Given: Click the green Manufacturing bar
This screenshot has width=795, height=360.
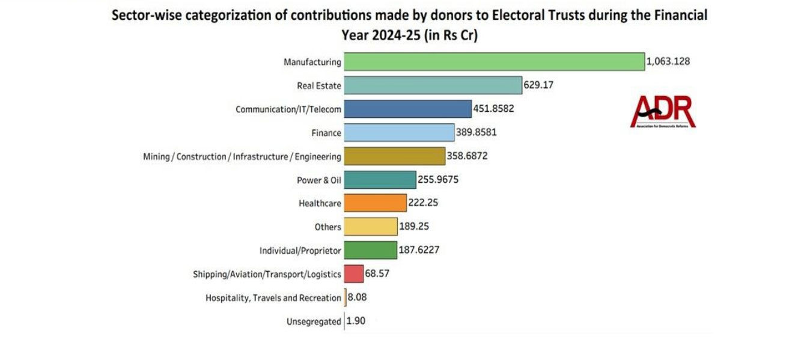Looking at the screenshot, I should point(493,62).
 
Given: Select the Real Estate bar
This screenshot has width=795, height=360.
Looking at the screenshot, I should point(432,85).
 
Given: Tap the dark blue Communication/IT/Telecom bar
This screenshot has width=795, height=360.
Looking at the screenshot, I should point(407,109).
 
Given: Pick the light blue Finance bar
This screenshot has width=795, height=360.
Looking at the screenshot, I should point(398,132).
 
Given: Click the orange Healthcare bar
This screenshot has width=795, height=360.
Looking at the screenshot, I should point(374,203).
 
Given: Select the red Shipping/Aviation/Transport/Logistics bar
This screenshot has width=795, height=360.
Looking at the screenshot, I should point(353,274).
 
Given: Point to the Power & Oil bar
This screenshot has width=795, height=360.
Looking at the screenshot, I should point(379,180).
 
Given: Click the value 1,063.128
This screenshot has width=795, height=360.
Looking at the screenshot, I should point(672,61).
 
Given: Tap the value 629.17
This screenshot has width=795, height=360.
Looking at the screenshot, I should point(538,85).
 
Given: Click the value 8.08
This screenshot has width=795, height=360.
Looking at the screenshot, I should point(358,297).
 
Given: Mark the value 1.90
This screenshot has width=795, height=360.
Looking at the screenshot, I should point(356,321).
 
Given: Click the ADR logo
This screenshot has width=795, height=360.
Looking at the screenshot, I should point(663,112).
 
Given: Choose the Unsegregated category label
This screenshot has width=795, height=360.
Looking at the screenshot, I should point(314,322).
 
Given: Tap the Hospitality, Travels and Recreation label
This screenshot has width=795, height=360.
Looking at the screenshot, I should point(273,297).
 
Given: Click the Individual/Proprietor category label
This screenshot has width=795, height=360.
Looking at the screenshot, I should point(300,251).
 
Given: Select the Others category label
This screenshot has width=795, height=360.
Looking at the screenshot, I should point(327,227).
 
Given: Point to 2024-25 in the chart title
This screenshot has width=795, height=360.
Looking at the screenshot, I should point(392,35).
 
